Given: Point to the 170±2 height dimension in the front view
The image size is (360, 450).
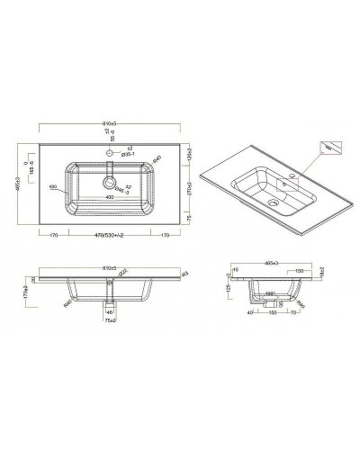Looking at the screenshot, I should (x=27, y=292).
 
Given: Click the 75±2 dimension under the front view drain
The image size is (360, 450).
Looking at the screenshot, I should (x=109, y=320).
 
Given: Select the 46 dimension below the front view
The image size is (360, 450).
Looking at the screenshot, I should (x=110, y=311).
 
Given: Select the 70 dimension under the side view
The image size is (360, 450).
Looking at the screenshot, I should (x=293, y=314).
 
